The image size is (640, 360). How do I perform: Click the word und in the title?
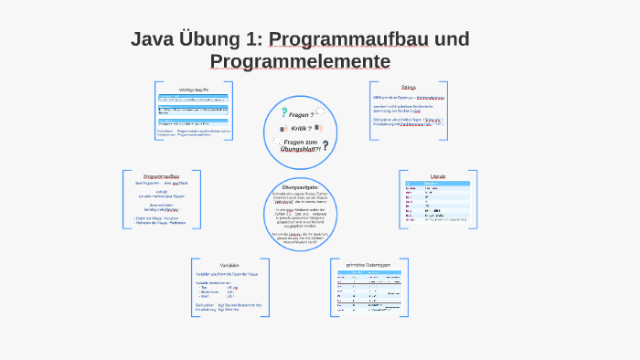pos(451,39)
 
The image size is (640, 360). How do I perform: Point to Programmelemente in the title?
pos(300,61)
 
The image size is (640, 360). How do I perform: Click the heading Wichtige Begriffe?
pos(194,89)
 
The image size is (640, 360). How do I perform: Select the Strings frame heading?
pos(408,88)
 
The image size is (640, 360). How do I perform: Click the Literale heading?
pos(437,175)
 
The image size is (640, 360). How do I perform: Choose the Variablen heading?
pos(229,265)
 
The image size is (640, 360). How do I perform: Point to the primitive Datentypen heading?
pos(368,265)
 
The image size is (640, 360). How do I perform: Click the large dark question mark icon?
pos(325,145)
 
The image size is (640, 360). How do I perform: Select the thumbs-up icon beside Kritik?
pos(283,129)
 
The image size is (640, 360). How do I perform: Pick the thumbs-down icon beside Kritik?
pos(323,129)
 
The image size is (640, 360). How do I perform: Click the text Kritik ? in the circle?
pos(303,129)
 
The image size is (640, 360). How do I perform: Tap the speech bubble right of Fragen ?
pos(320,111)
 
